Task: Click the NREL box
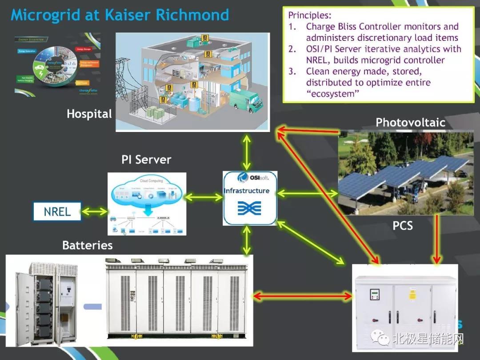click(57, 212)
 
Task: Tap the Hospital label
click(89, 114)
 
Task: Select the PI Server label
click(146, 160)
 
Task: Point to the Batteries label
click(88, 245)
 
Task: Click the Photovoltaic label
click(410, 123)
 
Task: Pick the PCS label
click(403, 226)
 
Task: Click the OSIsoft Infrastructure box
click(250, 198)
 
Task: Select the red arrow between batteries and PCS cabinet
click(302, 296)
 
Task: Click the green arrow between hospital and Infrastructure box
click(247, 152)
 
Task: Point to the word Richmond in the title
click(192, 15)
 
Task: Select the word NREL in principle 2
click(318, 60)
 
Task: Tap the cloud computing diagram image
click(147, 204)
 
